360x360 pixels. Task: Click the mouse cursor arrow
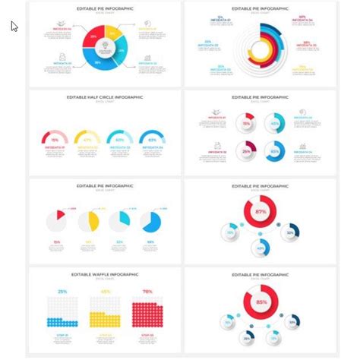tap(14, 27)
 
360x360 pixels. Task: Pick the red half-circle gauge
tap(55, 138)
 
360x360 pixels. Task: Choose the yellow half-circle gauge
tap(87, 138)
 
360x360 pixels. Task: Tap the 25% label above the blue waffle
tap(62, 292)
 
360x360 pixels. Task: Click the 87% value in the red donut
tap(260, 211)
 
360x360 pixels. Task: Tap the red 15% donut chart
tap(247, 124)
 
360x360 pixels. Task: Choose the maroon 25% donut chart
tap(247, 150)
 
